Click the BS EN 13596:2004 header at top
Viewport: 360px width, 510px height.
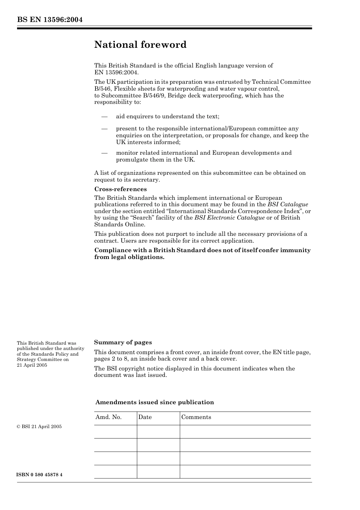[50, 20]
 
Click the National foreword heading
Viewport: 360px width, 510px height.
[140, 45]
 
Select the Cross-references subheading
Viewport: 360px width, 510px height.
[120, 189]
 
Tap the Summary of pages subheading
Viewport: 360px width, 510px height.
[123, 342]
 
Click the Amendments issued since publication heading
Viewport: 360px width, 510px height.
[154, 402]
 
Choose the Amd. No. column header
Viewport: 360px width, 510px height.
[108, 417]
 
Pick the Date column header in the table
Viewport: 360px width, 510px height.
[145, 417]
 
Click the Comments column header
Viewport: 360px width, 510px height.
[196, 417]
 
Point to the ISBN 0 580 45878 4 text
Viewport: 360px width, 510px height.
[40, 475]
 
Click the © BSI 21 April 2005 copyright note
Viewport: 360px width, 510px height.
[39, 427]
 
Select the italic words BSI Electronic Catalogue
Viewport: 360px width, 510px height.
[229, 218]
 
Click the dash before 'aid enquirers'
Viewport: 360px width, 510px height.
[104, 116]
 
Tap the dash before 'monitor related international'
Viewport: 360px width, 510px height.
[104, 153]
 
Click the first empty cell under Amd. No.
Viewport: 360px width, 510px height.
[115, 432]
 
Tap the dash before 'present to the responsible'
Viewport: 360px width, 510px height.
[104, 129]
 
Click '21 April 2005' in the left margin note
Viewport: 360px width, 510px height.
[32, 365]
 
